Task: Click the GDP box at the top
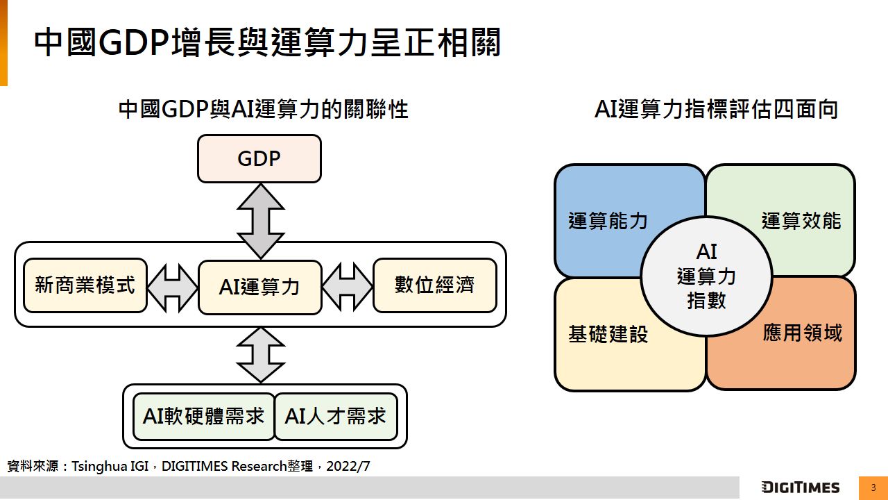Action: [x=259, y=159]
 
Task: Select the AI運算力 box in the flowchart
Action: [x=260, y=287]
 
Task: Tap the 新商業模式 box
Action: [x=85, y=285]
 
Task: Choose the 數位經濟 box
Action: [x=435, y=285]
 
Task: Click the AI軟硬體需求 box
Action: [x=204, y=417]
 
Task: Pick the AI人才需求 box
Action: [x=336, y=417]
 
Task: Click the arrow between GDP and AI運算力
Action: [x=260, y=221]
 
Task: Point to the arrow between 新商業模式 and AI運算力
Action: [x=173, y=286]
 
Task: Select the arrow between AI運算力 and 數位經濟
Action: [x=348, y=286]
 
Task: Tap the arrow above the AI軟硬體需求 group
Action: [x=260, y=354]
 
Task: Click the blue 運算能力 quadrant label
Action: [x=608, y=221]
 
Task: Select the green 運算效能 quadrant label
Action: [x=801, y=221]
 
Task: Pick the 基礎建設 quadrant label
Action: [x=608, y=334]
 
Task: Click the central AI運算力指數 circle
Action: [x=706, y=276]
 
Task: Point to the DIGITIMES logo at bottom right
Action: [x=800, y=487]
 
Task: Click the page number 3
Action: [x=873, y=487]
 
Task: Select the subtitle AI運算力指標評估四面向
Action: [x=716, y=110]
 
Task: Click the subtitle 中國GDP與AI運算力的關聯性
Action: [x=263, y=110]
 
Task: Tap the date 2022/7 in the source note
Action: [x=348, y=466]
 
